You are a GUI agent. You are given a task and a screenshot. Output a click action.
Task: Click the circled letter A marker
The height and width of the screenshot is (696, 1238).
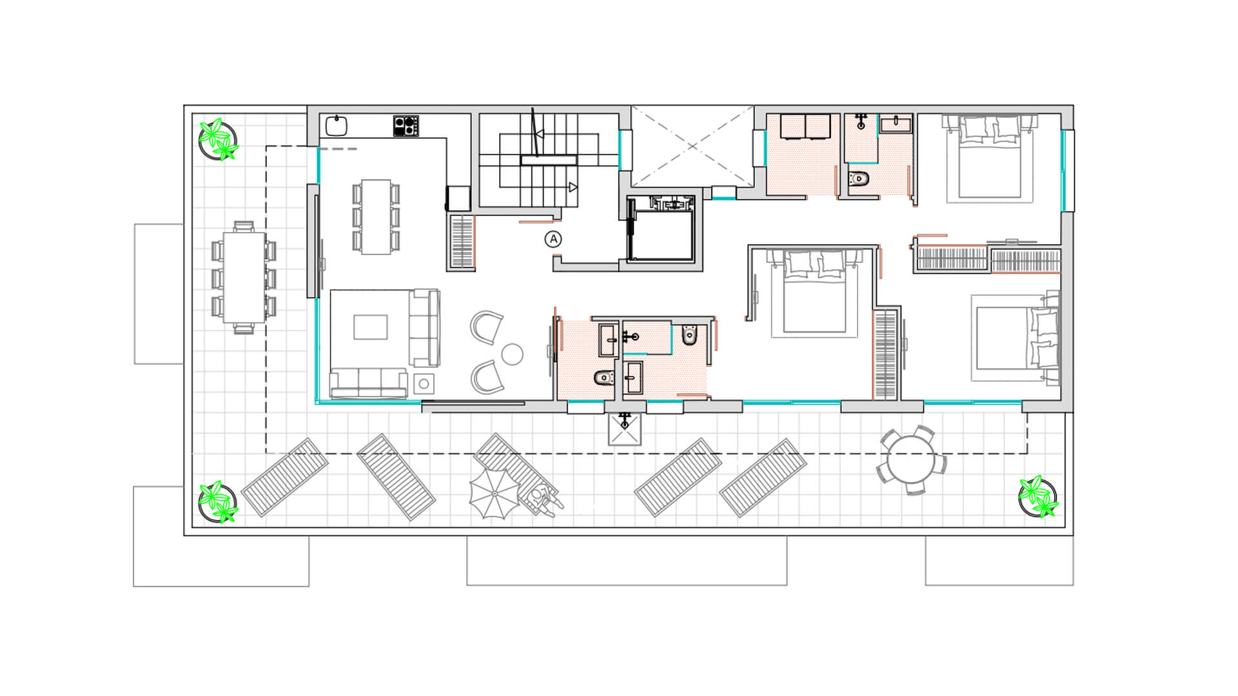(553, 240)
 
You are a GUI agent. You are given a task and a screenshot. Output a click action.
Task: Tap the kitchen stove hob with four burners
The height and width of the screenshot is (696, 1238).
(406, 126)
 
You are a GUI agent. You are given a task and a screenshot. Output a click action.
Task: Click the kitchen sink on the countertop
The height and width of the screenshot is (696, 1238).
(337, 126)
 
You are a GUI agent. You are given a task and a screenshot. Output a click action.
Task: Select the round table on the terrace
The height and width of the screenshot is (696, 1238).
(911, 459)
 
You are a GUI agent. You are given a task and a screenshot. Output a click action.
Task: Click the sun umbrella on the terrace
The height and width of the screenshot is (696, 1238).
(495, 493)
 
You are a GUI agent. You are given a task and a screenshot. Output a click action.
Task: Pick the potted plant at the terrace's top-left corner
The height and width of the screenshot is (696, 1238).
(218, 139)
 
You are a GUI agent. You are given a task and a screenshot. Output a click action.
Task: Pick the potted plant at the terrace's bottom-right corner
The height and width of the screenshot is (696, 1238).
(1037, 496)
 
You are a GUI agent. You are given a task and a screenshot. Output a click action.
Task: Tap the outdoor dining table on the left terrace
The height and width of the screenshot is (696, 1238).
(243, 277)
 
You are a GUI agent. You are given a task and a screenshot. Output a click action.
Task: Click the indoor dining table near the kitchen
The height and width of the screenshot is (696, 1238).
(376, 217)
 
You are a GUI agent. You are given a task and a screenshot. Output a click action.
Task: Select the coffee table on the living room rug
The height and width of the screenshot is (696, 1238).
(371, 327)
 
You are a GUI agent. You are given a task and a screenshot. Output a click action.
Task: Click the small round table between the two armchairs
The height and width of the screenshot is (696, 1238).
(512, 354)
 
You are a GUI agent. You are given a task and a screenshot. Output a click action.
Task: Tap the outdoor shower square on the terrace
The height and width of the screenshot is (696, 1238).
(625, 429)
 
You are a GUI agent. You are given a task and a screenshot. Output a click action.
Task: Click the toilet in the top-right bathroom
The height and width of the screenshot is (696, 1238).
(860, 178)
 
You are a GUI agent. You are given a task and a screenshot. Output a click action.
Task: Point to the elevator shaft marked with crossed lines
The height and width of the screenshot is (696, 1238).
(692, 146)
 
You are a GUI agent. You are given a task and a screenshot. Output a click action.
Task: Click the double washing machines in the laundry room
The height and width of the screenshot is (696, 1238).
(805, 126)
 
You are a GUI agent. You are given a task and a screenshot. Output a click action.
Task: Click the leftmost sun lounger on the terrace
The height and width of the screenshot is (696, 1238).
(284, 477)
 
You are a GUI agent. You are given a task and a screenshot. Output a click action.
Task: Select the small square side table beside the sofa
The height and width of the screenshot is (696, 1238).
(424, 384)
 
